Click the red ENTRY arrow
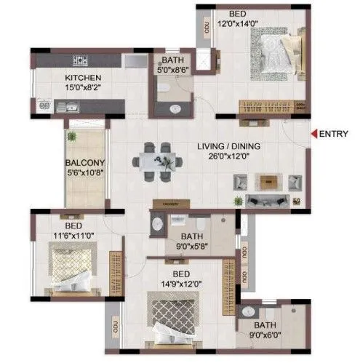click(314, 133)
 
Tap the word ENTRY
click(335, 133)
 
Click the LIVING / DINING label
click(228, 145)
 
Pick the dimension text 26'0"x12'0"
click(228, 155)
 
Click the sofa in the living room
click(270, 199)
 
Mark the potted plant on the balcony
click(71, 136)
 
